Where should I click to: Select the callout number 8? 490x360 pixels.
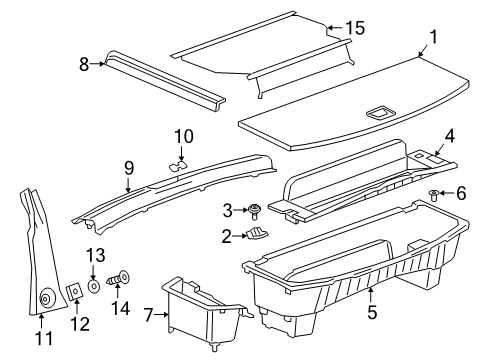[x=85, y=63]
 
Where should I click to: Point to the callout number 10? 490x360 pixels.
[x=182, y=135]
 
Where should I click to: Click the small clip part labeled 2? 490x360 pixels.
[x=257, y=235]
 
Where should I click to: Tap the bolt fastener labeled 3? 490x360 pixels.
[x=257, y=210]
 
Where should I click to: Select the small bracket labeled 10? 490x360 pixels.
[x=179, y=163]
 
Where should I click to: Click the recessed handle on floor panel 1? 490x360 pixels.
[x=380, y=113]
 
